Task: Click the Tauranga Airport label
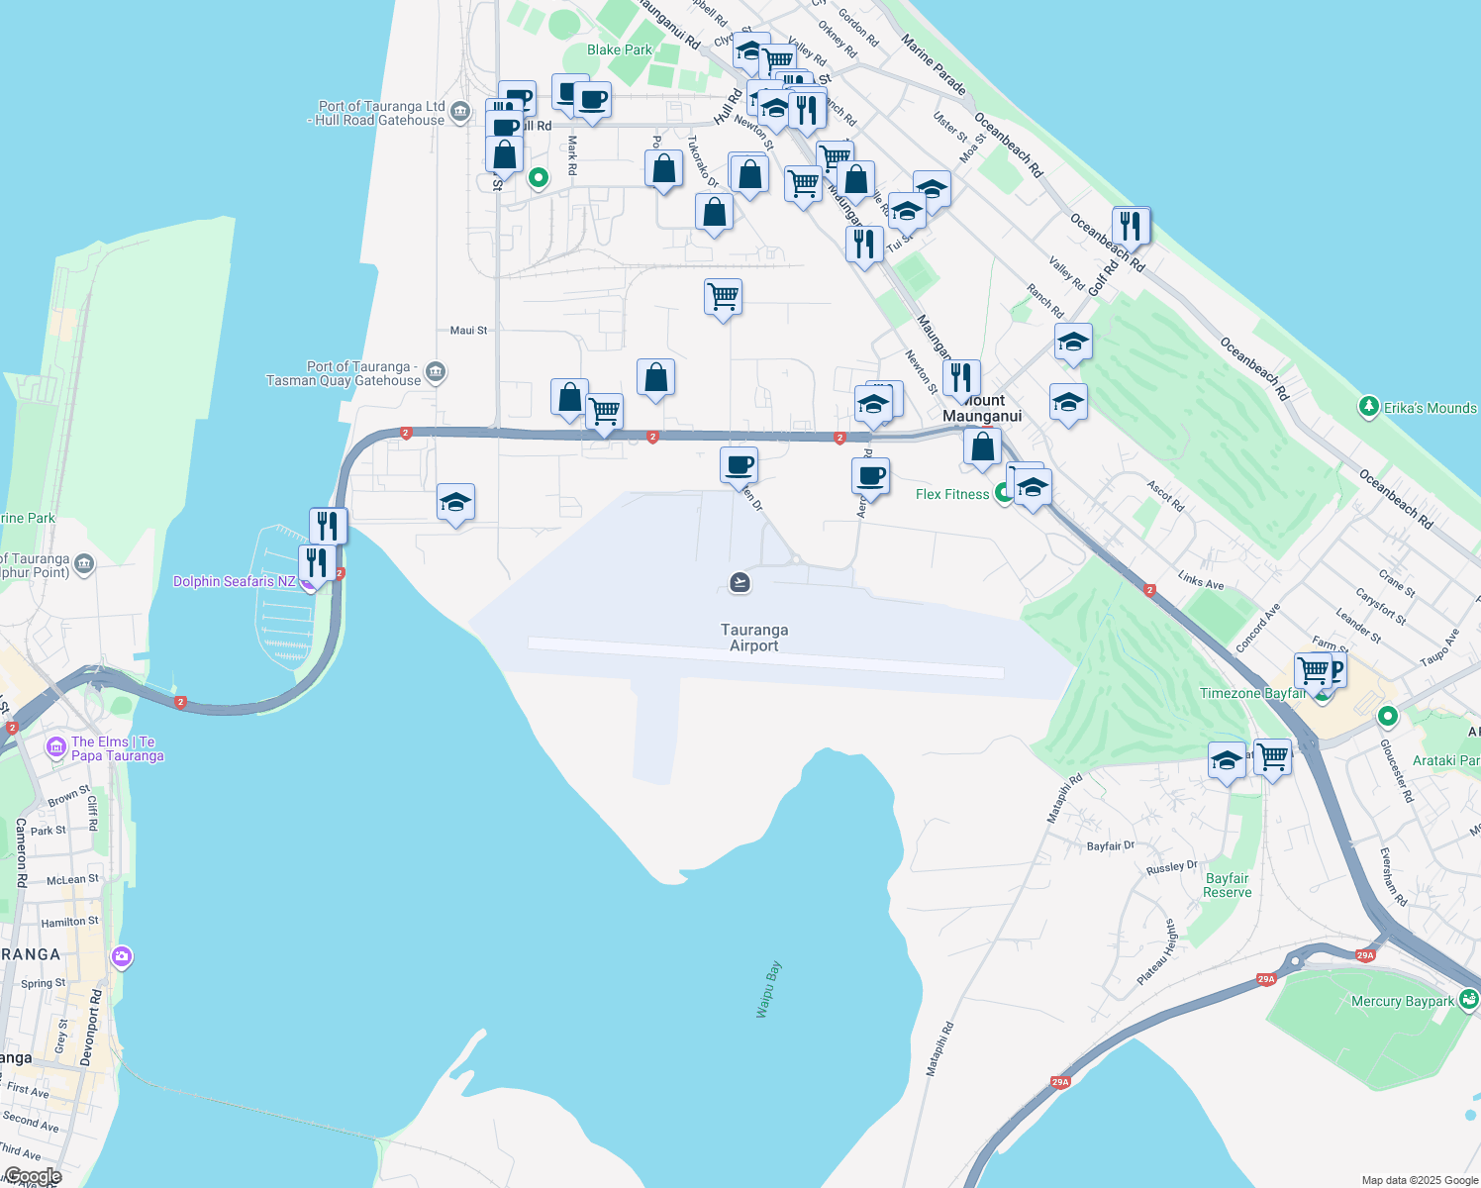coord(754,638)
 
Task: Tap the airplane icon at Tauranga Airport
coord(740,582)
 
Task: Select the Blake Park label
coord(620,49)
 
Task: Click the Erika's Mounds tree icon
coord(1369,407)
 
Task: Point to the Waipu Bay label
coord(769,989)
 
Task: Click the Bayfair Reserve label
coord(1228,885)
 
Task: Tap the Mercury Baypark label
coord(1403,1001)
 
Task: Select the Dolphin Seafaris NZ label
coord(235,581)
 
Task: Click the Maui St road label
coord(468,331)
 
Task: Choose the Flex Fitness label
coord(952,494)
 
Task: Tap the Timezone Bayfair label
coord(1252,693)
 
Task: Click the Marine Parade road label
coord(934,64)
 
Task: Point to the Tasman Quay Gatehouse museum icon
coord(436,373)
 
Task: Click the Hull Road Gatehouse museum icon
coord(459,112)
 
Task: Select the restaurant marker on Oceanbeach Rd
coord(1131,226)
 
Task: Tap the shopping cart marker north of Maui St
coord(723,296)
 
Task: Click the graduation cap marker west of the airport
coord(455,503)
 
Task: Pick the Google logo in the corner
coord(33,1176)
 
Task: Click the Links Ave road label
coord(1201,580)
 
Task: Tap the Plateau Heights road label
coord(1157,951)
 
